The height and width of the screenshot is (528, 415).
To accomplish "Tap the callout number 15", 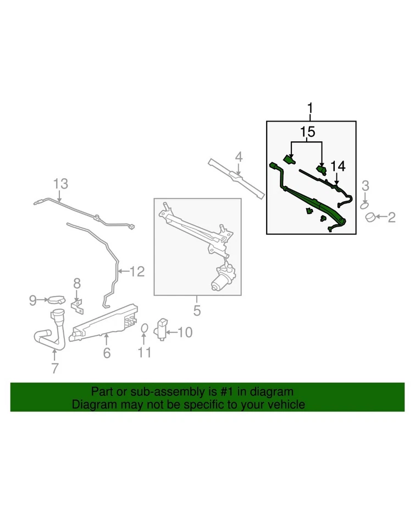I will [307, 132].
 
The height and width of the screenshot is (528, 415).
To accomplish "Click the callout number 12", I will [137, 271].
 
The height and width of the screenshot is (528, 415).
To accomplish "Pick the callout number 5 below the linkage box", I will [197, 311].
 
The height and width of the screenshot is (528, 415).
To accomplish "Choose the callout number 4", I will [238, 157].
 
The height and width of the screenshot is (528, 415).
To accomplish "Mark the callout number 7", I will [54, 369].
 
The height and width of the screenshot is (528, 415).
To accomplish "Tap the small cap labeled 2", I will [372, 218].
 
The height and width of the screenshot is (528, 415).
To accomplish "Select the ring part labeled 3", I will [365, 205].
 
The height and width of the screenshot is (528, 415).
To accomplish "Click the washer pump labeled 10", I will [162, 328].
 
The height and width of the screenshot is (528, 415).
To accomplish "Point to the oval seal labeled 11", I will [143, 329].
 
